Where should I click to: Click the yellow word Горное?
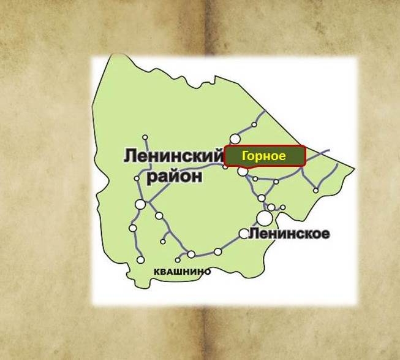pyautogui.click(x=263, y=156)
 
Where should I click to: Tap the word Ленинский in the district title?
pyautogui.click(x=173, y=156)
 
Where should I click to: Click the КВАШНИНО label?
pyautogui.click(x=183, y=271)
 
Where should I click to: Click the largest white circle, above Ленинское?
pyautogui.click(x=265, y=218)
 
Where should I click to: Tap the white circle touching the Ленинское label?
pyautogui.click(x=244, y=234)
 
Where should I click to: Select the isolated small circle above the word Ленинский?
pyautogui.click(x=145, y=137)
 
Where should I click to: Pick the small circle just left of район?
pyautogui.click(x=137, y=178)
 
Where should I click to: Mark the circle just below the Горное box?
pyautogui.click(x=243, y=172)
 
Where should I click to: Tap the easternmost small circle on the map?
pyautogui.click(x=316, y=190)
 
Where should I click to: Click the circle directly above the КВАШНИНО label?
pyautogui.click(x=191, y=254)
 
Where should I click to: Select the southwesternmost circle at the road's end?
pyautogui.click(x=141, y=259)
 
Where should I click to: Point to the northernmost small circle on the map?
pyautogui.click(x=254, y=124)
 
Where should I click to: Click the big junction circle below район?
pyautogui.click(x=141, y=204)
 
